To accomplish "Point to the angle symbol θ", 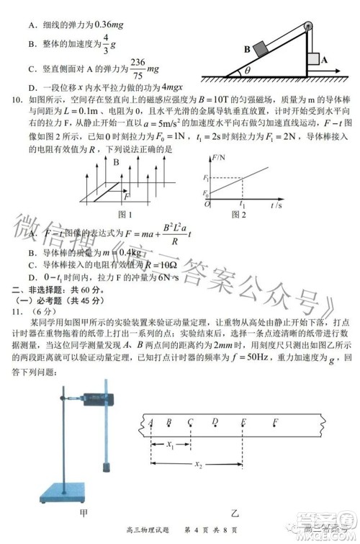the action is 248,71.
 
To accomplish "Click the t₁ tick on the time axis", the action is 243,205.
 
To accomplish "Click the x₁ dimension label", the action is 170,445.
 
